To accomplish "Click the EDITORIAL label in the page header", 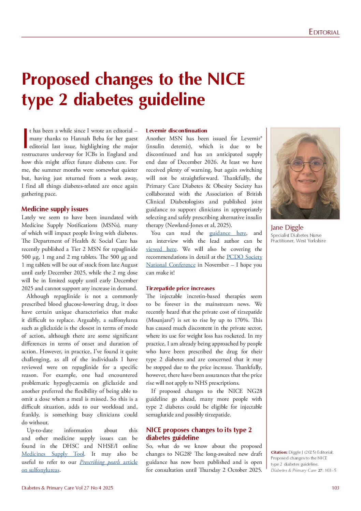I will click(324, 32).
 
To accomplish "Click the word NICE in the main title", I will click(226, 79).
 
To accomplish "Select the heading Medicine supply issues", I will click(55, 209).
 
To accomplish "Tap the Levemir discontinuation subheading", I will click(176, 130).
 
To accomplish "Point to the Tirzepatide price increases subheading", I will click(180, 288).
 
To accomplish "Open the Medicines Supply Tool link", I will click(53, 454).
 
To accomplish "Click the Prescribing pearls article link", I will click(109, 462).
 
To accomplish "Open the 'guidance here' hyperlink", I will click(228, 233).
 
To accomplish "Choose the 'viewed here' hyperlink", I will click(161, 249).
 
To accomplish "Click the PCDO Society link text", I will click(244, 257).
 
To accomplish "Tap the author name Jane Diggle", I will click(287, 227).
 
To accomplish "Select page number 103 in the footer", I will click(335, 488).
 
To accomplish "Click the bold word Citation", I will click(279, 452).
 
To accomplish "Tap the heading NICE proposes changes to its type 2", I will click(199, 430).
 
